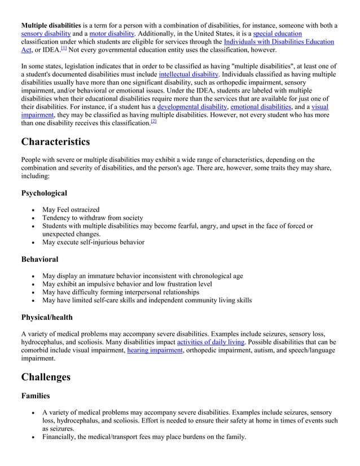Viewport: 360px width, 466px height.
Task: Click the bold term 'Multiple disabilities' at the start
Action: tap(51, 25)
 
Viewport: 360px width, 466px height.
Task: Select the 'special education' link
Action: tap(278, 34)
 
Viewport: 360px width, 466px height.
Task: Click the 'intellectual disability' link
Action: tap(188, 74)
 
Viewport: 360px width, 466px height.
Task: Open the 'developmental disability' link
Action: tap(192, 107)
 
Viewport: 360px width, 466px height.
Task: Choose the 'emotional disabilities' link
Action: tap(261, 107)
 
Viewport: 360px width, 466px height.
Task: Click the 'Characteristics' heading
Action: tap(55, 141)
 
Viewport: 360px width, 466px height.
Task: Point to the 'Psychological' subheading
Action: tap(44, 193)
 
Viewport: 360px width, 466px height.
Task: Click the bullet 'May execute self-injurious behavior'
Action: tap(93, 242)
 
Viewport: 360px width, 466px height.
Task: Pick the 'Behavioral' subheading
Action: tap(39, 259)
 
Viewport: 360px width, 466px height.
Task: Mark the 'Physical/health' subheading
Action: tap(47, 317)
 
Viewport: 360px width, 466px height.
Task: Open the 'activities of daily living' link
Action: tap(211, 342)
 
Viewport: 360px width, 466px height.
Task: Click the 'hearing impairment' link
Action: tap(155, 350)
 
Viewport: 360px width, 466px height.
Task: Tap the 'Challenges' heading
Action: tap(46, 376)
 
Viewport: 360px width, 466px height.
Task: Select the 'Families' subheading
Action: tap(36, 397)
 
